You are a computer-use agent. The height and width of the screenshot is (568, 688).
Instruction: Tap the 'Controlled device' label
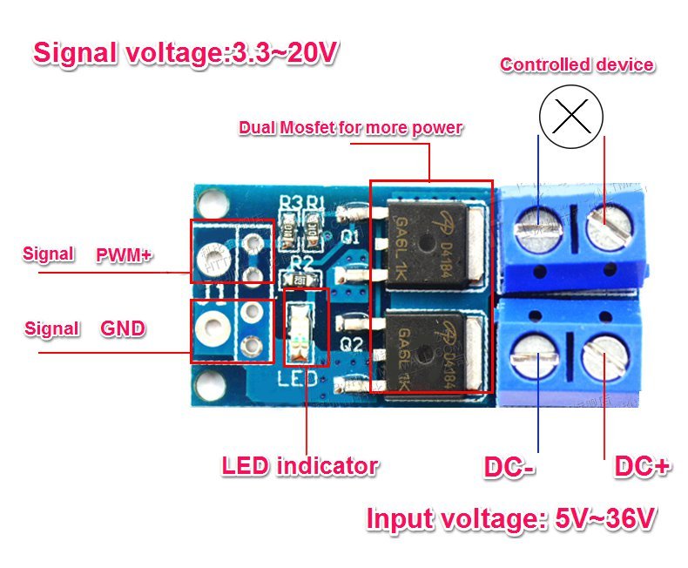pos(577,64)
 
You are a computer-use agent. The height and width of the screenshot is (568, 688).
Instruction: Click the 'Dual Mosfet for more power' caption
pos(350,128)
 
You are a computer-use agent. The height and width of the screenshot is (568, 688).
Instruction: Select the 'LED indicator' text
pos(299,465)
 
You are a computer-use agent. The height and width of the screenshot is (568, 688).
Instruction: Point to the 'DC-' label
pos(509,468)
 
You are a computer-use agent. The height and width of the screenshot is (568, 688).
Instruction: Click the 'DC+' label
pos(642,468)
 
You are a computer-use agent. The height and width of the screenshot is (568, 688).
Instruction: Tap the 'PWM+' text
pos(124,254)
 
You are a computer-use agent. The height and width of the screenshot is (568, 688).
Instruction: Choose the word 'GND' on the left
pos(123,328)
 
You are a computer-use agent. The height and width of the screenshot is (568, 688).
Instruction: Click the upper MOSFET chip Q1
pos(428,244)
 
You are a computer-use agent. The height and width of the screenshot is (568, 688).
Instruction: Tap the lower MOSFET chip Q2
pos(428,346)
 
